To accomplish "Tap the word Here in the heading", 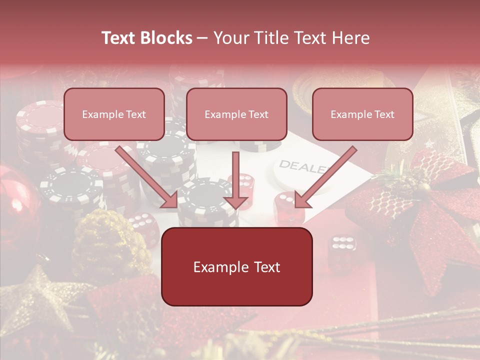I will click(x=349, y=38).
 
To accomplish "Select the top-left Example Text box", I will click(x=114, y=114).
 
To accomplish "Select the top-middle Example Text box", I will click(x=236, y=114).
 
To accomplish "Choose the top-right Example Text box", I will click(x=362, y=114).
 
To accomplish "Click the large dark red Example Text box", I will click(x=236, y=266).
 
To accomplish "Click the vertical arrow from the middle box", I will click(x=235, y=180).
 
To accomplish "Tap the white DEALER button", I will click(x=300, y=170).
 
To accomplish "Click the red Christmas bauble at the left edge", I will click(x=15, y=200).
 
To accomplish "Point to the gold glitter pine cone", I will click(x=105, y=240).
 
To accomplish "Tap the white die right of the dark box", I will click(x=342, y=247).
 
